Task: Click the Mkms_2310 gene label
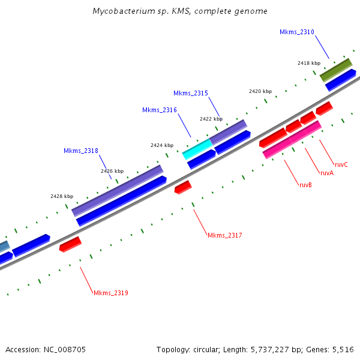pyautogui.click(x=296, y=32)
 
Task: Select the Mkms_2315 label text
pyautogui.click(x=191, y=93)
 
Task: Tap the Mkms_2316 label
pyautogui.click(x=159, y=110)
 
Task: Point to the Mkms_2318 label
pyautogui.click(x=80, y=151)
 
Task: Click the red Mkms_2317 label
pyautogui.click(x=224, y=235)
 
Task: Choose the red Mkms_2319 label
pyautogui.click(x=110, y=293)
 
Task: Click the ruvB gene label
pyautogui.click(x=305, y=185)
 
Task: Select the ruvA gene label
pyautogui.click(x=326, y=173)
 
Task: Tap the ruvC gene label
pyautogui.click(x=341, y=164)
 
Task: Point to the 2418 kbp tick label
pyautogui.click(x=309, y=62)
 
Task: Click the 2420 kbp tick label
pyautogui.click(x=260, y=91)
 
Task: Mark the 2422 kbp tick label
pyautogui.click(x=211, y=119)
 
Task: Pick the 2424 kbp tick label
pyautogui.click(x=161, y=145)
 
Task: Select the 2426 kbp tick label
pyautogui.click(x=112, y=171)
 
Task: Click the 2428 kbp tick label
pyautogui.click(x=62, y=196)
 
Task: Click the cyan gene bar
pyautogui.click(x=197, y=149)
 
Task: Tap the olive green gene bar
pyautogui.click(x=335, y=70)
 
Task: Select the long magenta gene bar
pyautogui.click(x=292, y=140)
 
